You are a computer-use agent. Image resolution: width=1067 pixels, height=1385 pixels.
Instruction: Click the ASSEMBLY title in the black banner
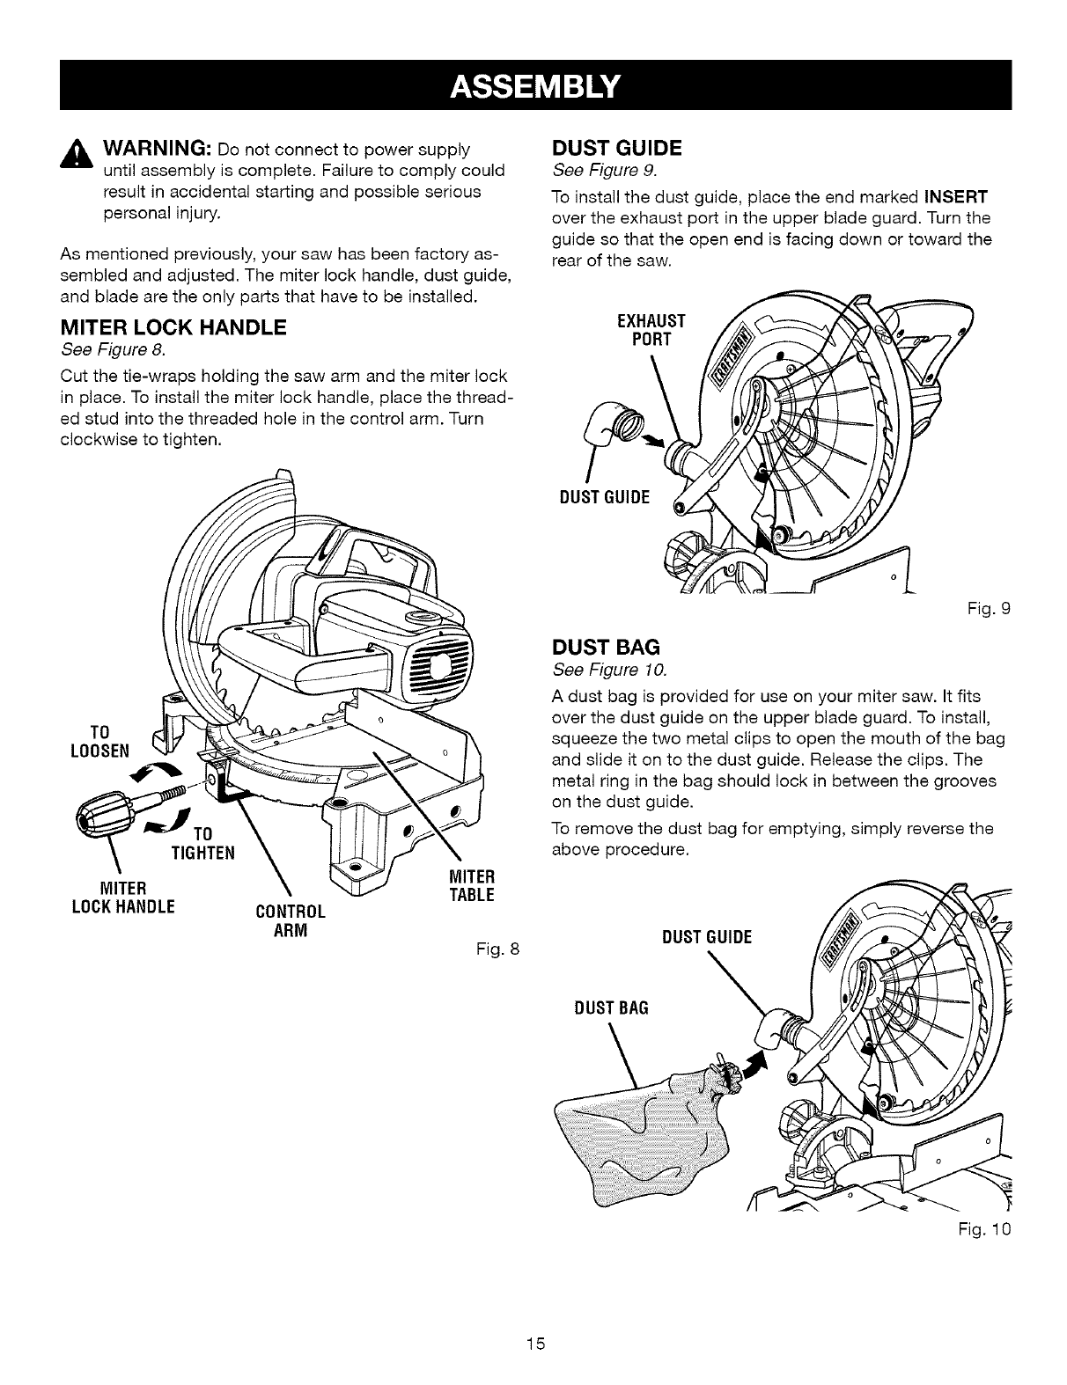tap(533, 84)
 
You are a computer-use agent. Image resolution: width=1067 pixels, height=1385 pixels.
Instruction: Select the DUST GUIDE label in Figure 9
tap(605, 498)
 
